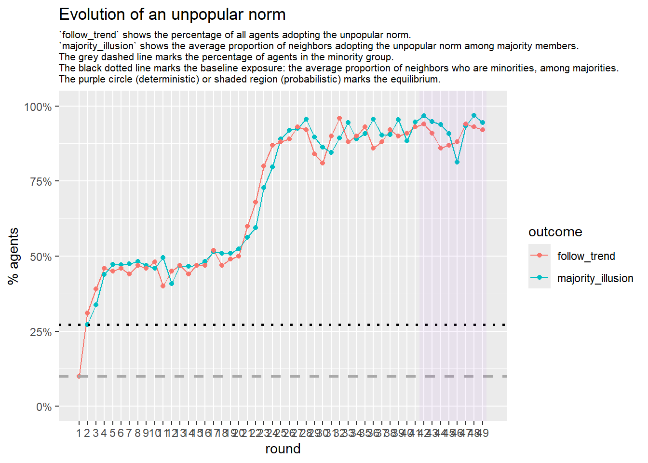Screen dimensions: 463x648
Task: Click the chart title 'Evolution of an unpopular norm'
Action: (x=172, y=14)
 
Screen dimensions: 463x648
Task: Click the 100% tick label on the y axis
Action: (x=38, y=107)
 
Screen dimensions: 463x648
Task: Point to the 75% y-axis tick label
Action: (x=41, y=182)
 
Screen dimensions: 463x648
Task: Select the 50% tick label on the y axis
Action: (x=41, y=257)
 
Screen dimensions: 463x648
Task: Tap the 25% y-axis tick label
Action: (x=41, y=332)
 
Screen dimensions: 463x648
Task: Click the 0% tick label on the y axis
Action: (x=44, y=407)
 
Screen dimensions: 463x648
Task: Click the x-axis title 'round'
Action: (x=283, y=449)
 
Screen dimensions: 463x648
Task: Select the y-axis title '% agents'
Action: (x=13, y=256)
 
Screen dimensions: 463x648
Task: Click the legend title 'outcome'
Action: (x=555, y=232)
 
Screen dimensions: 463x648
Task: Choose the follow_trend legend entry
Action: (x=586, y=256)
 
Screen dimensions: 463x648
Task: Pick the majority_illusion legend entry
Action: (x=595, y=278)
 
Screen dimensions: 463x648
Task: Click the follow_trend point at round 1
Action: (x=79, y=376)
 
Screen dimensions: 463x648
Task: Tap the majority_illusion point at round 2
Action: (x=87, y=325)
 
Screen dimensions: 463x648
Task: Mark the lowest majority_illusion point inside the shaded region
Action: (x=457, y=162)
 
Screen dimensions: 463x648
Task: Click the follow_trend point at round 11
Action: (x=163, y=286)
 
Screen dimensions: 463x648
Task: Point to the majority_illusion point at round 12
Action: (x=172, y=284)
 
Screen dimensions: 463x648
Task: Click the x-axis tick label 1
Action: (x=79, y=433)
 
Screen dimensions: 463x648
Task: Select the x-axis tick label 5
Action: (x=112, y=433)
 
